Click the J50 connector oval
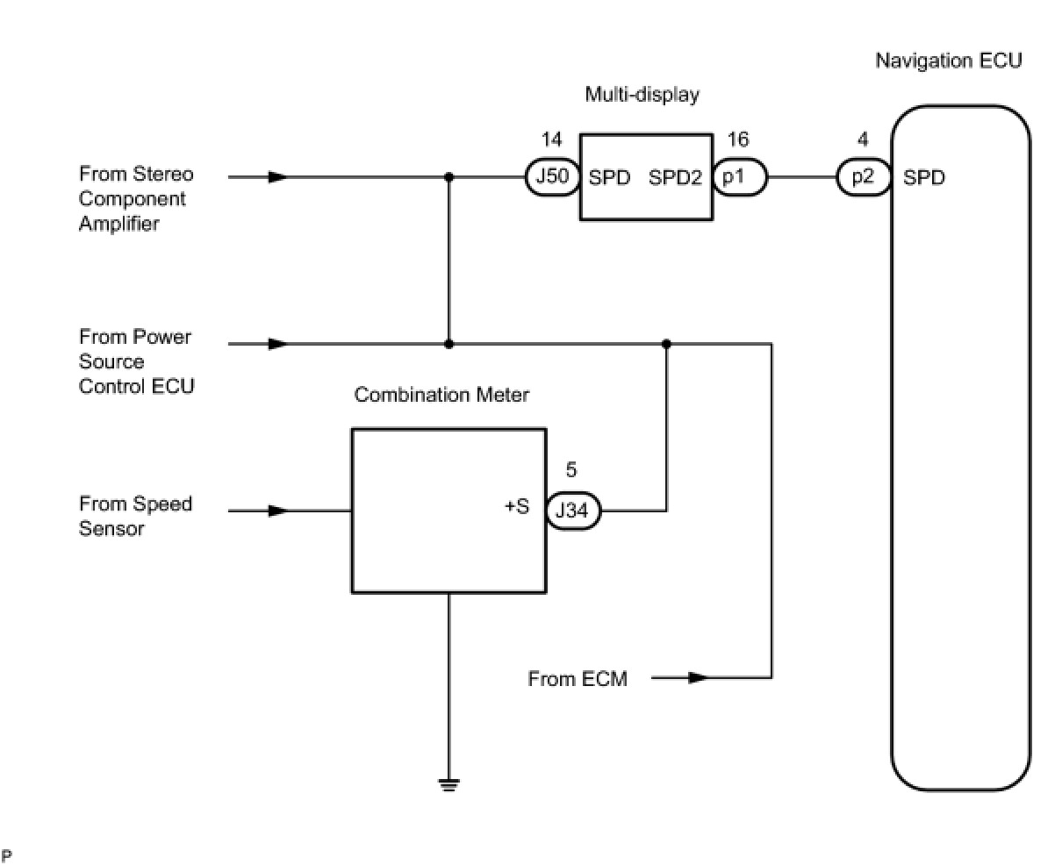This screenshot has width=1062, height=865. [552, 177]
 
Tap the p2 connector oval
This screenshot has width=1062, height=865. [864, 177]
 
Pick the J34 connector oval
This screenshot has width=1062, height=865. [573, 511]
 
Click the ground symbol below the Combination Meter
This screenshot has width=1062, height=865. [448, 784]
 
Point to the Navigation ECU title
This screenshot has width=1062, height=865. [949, 61]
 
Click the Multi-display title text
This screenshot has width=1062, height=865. [642, 95]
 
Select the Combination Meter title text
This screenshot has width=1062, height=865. [441, 395]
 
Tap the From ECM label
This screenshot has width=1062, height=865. [578, 678]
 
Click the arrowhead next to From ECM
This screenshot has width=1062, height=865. [698, 677]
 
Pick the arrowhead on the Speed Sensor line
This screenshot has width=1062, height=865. [278, 511]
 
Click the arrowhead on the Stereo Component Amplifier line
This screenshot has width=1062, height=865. [278, 177]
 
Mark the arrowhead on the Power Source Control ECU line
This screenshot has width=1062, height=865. [278, 344]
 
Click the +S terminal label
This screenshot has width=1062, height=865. [517, 507]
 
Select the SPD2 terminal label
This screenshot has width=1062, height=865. [676, 177]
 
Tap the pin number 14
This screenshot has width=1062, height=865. [551, 139]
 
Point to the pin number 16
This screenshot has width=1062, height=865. [738, 139]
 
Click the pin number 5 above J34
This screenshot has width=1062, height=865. [571, 471]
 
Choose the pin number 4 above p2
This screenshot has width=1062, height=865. [864, 139]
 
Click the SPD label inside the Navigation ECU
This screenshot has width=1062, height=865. [924, 177]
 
